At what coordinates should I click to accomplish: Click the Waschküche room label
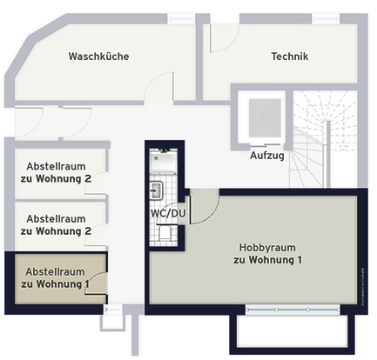98,57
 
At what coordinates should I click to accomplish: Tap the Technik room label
290,57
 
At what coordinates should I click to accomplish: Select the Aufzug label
267,156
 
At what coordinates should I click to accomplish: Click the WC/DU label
168,214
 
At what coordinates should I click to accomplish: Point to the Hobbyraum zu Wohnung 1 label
267,254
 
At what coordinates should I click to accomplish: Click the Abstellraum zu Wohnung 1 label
55,277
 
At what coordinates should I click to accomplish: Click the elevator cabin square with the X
265,117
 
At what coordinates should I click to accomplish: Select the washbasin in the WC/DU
156,190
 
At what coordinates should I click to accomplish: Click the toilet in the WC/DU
165,233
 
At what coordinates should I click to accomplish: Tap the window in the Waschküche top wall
181,18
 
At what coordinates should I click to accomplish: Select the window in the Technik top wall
326,18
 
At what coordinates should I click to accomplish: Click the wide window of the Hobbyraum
293,310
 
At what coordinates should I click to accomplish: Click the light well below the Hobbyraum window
293,334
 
